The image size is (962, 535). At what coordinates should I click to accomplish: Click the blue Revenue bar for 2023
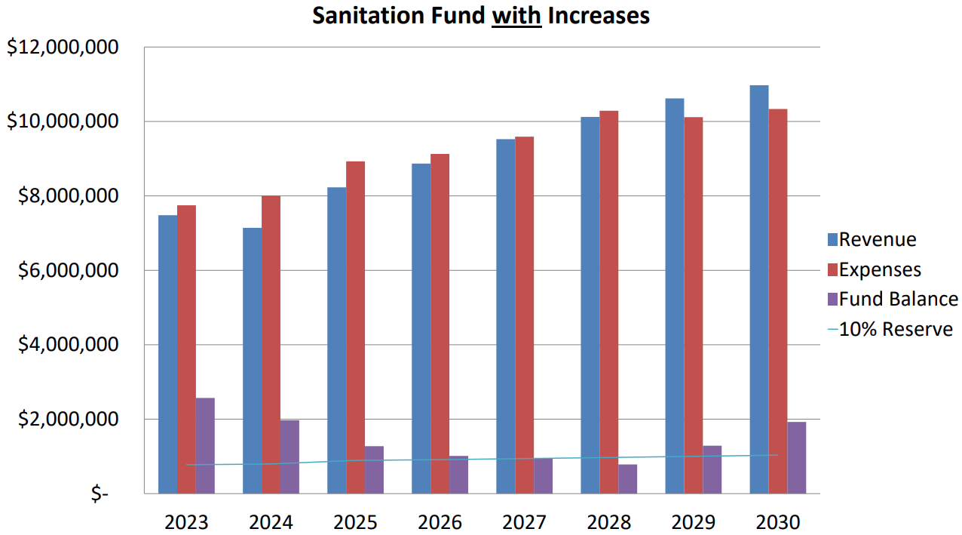coord(167,354)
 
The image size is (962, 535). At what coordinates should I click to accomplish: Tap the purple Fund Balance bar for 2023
coord(205,445)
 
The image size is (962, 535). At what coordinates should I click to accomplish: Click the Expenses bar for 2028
coord(609,302)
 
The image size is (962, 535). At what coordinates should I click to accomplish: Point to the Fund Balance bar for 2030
coord(797,457)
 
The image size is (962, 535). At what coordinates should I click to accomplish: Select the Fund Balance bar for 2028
coord(628,478)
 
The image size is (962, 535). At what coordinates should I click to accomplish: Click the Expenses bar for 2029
coord(693,305)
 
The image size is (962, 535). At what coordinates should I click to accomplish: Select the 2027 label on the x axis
coord(524,521)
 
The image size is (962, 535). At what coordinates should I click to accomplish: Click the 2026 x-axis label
coord(440,521)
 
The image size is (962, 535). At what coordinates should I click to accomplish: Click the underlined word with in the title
coord(516,15)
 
